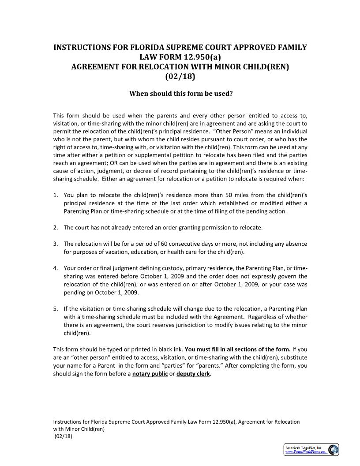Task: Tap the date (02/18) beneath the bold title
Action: click(x=180, y=76)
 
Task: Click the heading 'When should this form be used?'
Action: click(x=180, y=94)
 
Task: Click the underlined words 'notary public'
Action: click(x=150, y=374)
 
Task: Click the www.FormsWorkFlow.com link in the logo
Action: click(x=306, y=452)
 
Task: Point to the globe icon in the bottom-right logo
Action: click(x=333, y=450)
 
